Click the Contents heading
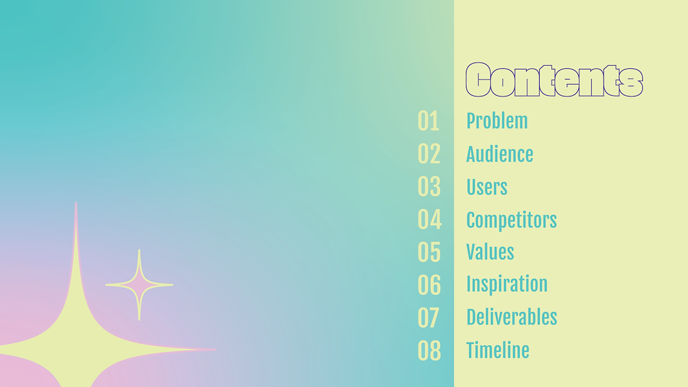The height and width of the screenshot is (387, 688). click(x=554, y=80)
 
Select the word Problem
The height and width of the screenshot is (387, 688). click(x=497, y=121)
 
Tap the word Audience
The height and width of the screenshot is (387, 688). click(x=500, y=154)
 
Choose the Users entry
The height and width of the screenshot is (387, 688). click(x=487, y=187)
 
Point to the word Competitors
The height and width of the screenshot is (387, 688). click(x=511, y=220)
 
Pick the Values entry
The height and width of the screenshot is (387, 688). click(x=490, y=252)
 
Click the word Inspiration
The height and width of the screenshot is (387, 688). click(x=507, y=284)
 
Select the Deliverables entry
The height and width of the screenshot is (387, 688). click(x=512, y=317)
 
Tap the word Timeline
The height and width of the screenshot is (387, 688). click(x=498, y=350)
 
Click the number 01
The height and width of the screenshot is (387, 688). click(x=428, y=121)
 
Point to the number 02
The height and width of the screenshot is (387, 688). click(x=429, y=154)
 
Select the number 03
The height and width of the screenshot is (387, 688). click(x=429, y=187)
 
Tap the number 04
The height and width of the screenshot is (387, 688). click(x=430, y=219)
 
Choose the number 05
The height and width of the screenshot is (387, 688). click(x=429, y=252)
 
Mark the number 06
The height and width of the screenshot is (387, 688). click(x=429, y=285)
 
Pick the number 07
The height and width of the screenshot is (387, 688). click(x=428, y=317)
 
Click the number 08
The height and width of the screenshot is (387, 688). click(x=429, y=351)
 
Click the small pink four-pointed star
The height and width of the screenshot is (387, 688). click(x=139, y=285)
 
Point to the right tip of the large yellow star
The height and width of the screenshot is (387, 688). click(x=216, y=349)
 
